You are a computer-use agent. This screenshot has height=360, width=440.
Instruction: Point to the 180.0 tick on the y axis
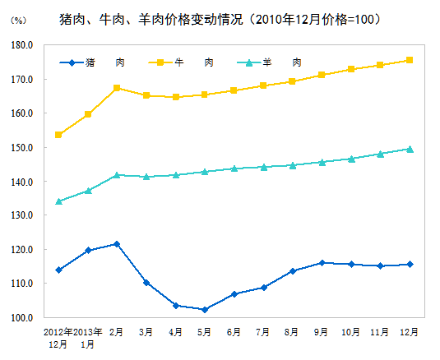(21, 46)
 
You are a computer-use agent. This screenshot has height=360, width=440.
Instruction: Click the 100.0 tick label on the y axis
(21, 317)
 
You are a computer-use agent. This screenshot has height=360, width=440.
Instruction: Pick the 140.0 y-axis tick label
(21, 182)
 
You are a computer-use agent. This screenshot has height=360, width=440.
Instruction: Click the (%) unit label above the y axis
(16, 19)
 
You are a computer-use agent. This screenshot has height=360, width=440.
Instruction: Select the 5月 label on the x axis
(205, 332)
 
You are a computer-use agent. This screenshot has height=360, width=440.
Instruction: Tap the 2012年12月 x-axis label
(58, 338)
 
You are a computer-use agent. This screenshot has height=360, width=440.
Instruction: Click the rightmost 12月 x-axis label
(409, 332)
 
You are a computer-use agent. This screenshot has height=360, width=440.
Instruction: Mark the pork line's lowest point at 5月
(205, 309)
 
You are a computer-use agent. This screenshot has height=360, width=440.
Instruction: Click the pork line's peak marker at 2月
(117, 244)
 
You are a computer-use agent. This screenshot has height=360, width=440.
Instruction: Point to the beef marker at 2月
(117, 88)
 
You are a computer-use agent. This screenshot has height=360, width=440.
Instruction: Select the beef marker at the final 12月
(410, 60)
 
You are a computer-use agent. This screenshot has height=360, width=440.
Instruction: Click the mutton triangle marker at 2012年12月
(58, 201)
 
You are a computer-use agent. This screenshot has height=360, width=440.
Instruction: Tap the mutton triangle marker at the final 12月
(410, 149)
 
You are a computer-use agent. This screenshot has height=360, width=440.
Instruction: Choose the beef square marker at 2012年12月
(58, 135)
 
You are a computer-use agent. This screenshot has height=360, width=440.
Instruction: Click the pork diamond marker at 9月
(322, 263)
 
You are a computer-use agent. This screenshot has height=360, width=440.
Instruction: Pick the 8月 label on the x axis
(292, 332)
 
